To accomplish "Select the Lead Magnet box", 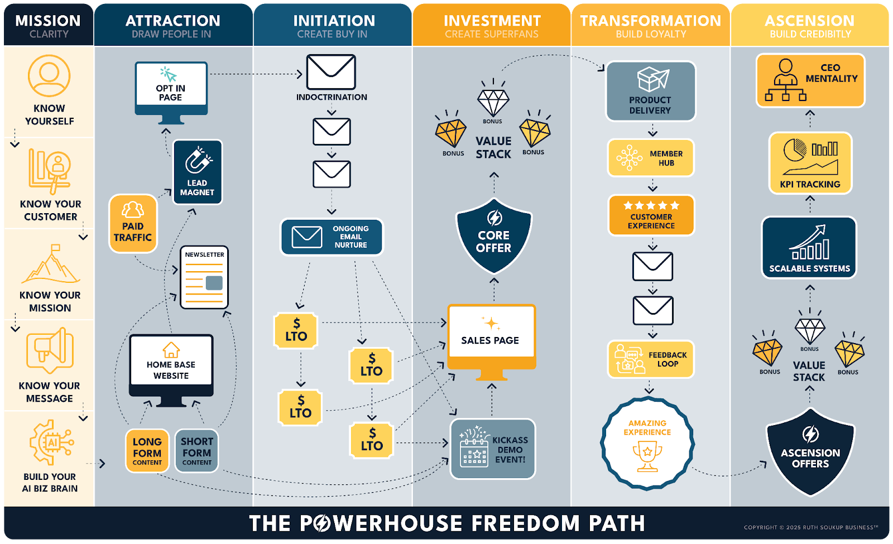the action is (x=198, y=172).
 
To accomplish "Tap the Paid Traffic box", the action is (x=133, y=224).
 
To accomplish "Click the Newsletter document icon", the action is (x=204, y=277).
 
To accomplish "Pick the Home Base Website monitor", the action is (x=171, y=370).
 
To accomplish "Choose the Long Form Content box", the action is (x=147, y=451).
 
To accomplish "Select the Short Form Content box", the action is (x=196, y=451).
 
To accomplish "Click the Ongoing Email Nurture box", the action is (x=332, y=237).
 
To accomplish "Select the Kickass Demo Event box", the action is (x=493, y=449).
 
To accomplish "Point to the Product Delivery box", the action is (x=651, y=91).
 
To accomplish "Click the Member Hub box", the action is (x=651, y=158).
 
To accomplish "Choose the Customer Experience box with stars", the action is (x=651, y=215).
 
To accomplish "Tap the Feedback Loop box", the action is (x=651, y=359).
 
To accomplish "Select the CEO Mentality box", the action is (x=810, y=80).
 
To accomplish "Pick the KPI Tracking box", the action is (x=810, y=163).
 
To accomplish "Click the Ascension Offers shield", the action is (x=810, y=451).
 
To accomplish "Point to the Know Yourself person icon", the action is (x=49, y=76).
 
